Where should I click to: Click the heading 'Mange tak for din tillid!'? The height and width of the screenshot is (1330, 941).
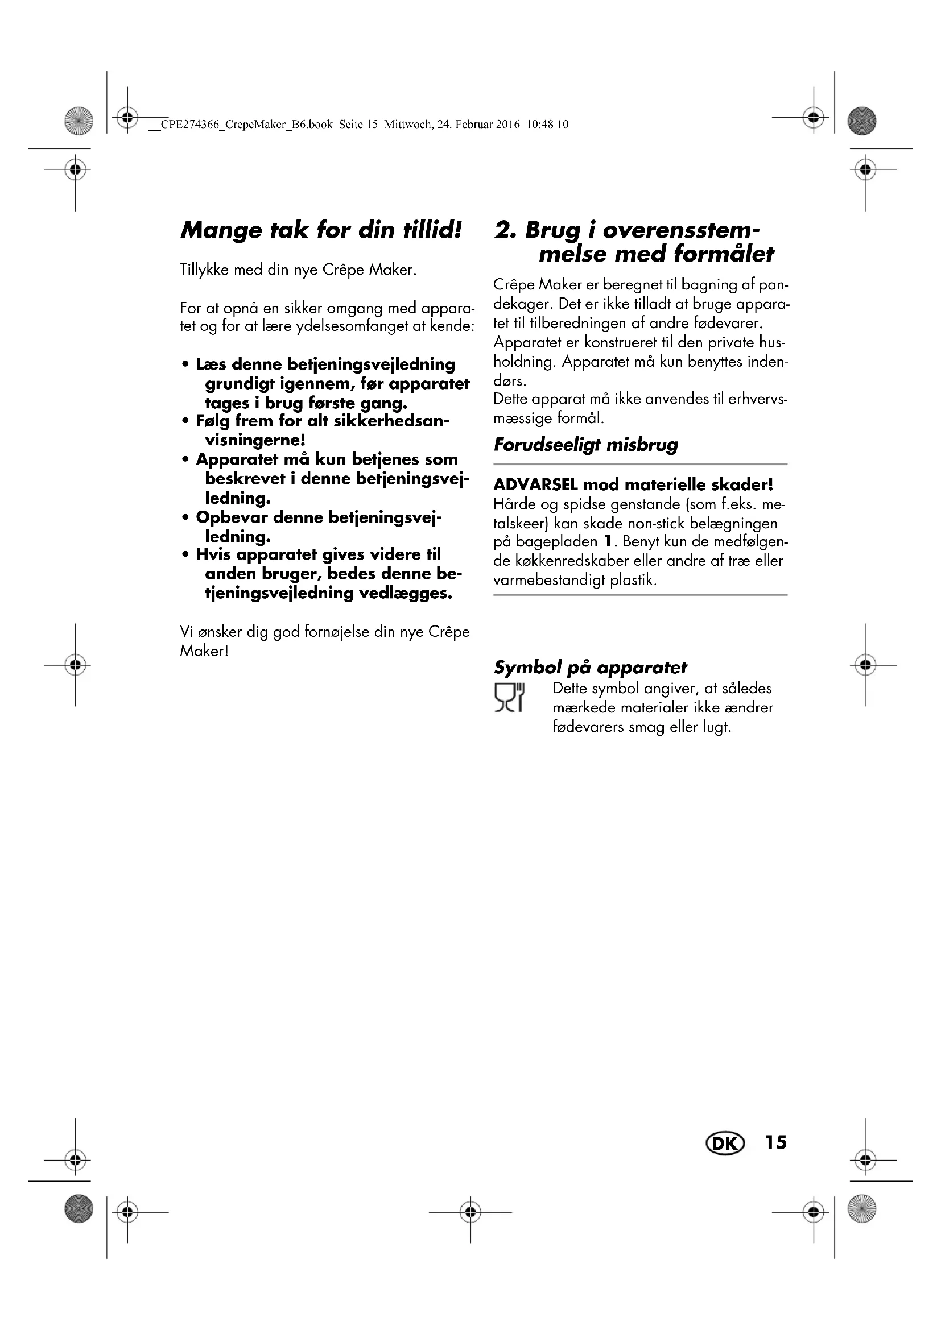[x=321, y=230]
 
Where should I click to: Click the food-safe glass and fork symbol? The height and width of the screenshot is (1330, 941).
[x=509, y=698]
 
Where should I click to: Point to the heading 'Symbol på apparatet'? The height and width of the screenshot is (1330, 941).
[x=590, y=668]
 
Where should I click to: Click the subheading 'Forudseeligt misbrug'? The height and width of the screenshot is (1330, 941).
[x=585, y=445]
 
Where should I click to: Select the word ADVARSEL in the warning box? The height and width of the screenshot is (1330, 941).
[x=535, y=484]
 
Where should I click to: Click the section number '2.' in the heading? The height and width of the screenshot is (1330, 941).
[x=505, y=230]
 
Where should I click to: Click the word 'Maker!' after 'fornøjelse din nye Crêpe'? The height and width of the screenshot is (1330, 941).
[x=204, y=651]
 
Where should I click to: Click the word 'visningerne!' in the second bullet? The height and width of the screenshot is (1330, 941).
[x=255, y=440]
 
